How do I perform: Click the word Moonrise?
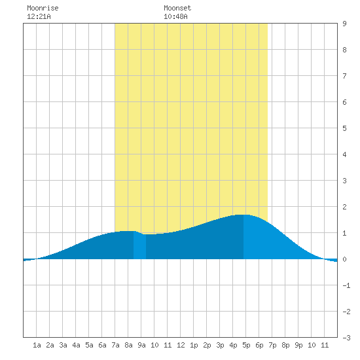pyautogui.click(x=43, y=8)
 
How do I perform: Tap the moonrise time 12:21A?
pyautogui.click(x=39, y=16)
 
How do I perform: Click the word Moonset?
pyautogui.click(x=177, y=8)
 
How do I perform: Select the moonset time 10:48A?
pyautogui.click(x=175, y=16)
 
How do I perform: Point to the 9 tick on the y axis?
pyautogui.click(x=344, y=24)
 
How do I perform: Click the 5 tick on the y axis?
pyautogui.click(x=344, y=128)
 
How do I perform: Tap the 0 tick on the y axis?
pyautogui.click(x=344, y=259)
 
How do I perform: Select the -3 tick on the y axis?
pyautogui.click(x=346, y=338)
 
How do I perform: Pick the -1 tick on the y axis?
pyautogui.click(x=346, y=285)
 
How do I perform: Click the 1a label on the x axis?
pyautogui.click(x=37, y=345)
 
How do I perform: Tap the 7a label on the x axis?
pyautogui.click(x=115, y=345)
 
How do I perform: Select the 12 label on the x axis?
pyautogui.click(x=181, y=345)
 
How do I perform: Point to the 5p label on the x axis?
pyautogui.click(x=246, y=345)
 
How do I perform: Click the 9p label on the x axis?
pyautogui.click(x=298, y=345)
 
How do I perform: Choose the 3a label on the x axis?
pyautogui.click(x=63, y=345)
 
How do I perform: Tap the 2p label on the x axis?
pyautogui.click(x=207, y=345)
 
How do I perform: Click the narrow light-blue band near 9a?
pyautogui.click(x=139, y=245)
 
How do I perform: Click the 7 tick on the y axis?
pyautogui.click(x=344, y=76)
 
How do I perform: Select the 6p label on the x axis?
pyautogui.click(x=259, y=345)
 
